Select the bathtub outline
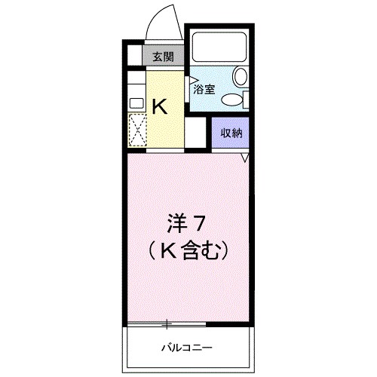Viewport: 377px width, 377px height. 219,49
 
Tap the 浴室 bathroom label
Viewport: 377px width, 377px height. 204,89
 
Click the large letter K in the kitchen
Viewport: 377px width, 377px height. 161,106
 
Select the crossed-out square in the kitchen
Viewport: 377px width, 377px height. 137,130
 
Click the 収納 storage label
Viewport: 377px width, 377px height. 231,133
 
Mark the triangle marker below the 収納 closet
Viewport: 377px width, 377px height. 244,157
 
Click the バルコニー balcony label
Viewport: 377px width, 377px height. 185,348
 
